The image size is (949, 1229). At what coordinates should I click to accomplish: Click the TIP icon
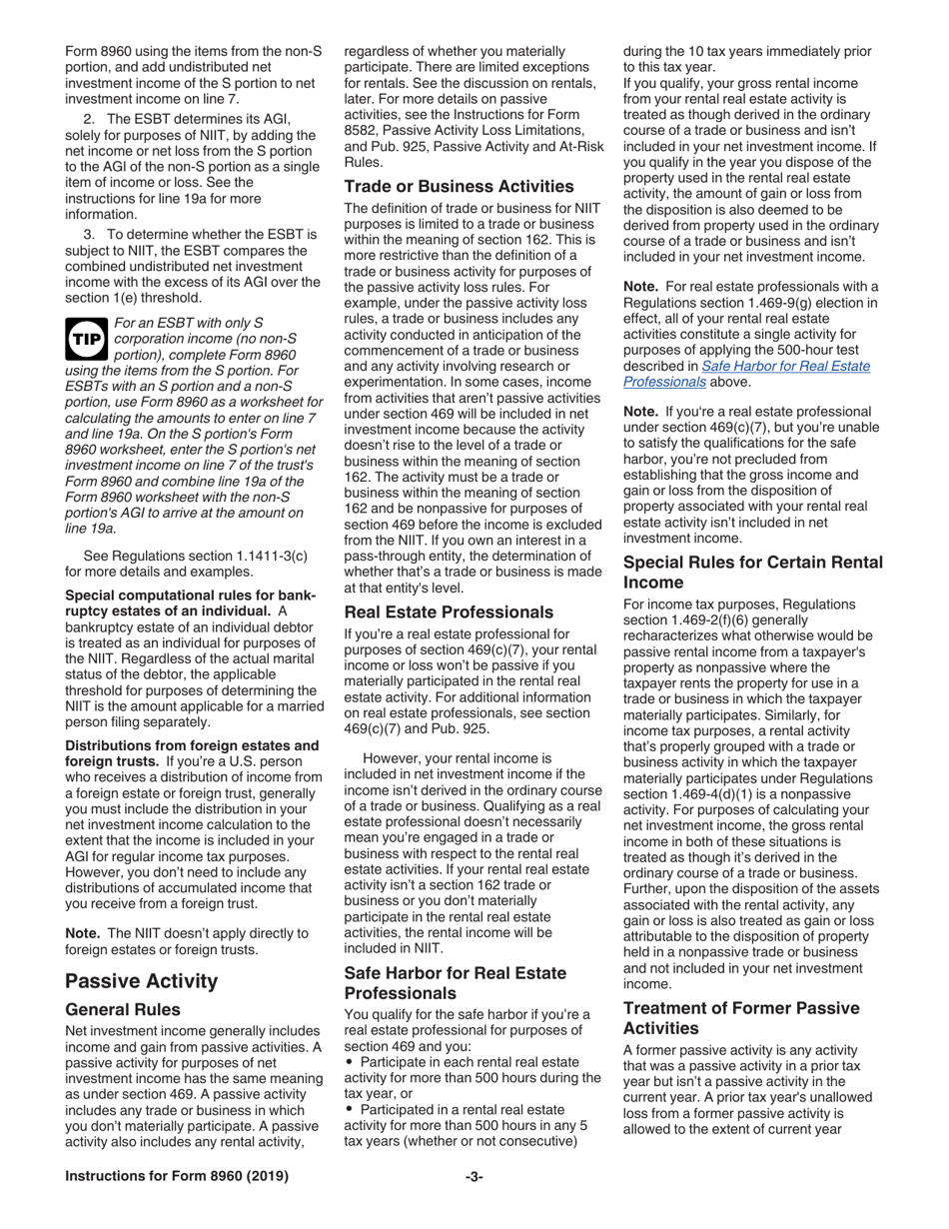pyautogui.click(x=85, y=340)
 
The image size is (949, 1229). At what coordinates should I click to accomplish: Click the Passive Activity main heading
pyautogui.click(x=141, y=980)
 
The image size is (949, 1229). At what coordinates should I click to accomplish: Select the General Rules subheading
pyautogui.click(x=123, y=1009)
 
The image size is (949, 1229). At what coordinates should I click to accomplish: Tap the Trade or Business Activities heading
pyautogui.click(x=459, y=187)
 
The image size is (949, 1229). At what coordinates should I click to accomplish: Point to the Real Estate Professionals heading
pyautogui.click(x=449, y=612)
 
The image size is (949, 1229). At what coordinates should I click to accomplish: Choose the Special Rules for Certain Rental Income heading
pyautogui.click(x=753, y=572)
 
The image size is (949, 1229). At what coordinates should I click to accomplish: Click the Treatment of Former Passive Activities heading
pyautogui.click(x=741, y=1018)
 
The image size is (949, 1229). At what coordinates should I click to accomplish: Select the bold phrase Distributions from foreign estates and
pyautogui.click(x=192, y=745)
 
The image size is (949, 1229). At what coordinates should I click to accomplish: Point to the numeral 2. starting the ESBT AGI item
pyautogui.click(x=89, y=118)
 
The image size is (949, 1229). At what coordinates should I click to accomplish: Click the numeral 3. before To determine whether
pyautogui.click(x=89, y=234)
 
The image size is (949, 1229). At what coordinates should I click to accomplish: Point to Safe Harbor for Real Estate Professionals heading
pyautogui.click(x=455, y=982)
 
